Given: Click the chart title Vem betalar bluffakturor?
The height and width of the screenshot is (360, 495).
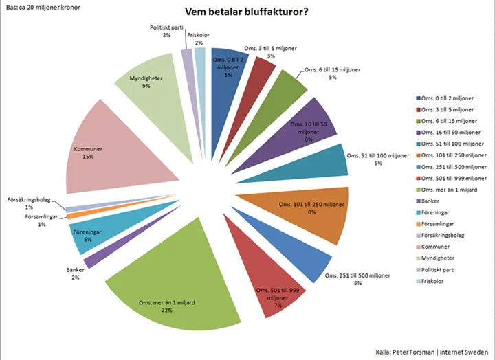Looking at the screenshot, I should pyautogui.click(x=246, y=12).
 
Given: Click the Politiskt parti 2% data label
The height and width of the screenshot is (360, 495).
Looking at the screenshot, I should pyautogui.click(x=166, y=31).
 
